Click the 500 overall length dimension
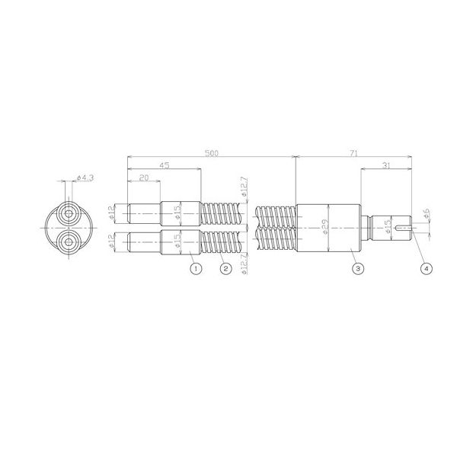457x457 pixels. click(212, 153)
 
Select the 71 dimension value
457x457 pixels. click(353, 153)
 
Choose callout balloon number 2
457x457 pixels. click(224, 268)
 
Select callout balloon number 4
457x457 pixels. click(426, 268)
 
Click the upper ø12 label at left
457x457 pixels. click(112, 211)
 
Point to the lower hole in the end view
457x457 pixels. click(69, 243)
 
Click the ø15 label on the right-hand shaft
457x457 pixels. click(388, 227)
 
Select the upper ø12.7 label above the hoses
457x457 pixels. click(242, 187)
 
